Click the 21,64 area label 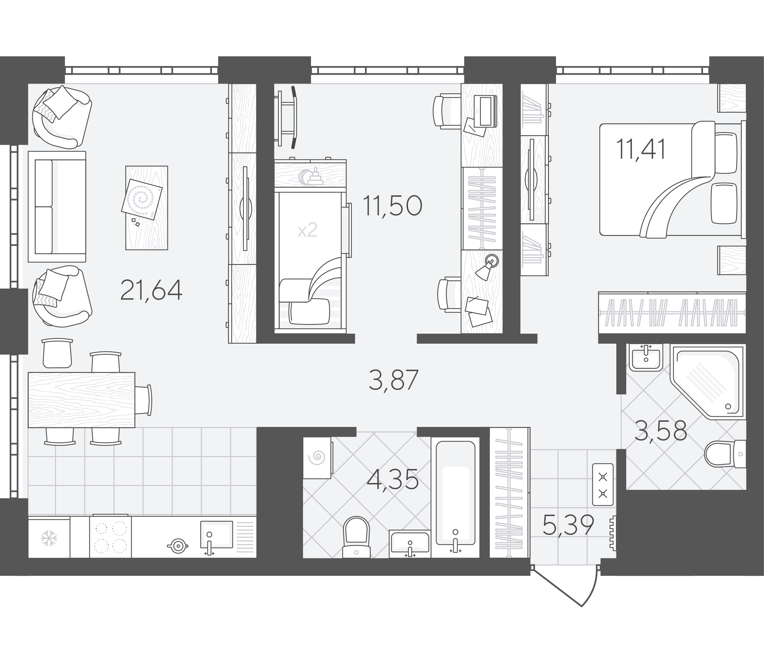(151, 291)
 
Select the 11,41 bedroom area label (641, 149)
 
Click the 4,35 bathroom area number (393, 479)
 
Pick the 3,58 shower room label (661, 431)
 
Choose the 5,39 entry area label (568, 525)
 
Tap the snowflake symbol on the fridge (48, 538)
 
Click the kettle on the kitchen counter (178, 546)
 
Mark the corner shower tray (707, 382)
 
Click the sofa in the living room (57, 207)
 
